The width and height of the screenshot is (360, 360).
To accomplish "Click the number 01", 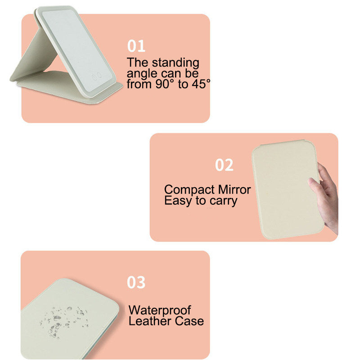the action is (136, 46).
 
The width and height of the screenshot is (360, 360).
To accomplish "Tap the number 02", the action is (224, 165).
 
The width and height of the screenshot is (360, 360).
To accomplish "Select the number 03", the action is (136, 282).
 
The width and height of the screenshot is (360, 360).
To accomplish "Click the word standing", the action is (175, 63).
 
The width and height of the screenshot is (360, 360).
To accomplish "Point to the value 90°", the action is (165, 84).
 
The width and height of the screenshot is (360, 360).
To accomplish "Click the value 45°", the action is (201, 84).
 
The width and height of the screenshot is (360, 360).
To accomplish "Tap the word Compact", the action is (189, 190).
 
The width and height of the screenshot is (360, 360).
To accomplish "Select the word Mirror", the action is (234, 189).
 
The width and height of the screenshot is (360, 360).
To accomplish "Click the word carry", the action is (223, 201).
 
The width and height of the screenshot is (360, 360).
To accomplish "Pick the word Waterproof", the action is (160, 310).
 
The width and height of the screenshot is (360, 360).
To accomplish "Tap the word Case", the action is (189, 321).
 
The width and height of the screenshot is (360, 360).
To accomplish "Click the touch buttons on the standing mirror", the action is (97, 76).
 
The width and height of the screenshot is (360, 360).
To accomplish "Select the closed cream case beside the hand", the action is (288, 189).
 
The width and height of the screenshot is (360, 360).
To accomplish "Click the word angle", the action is (142, 74).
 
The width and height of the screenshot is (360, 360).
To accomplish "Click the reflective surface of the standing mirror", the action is (77, 49).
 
